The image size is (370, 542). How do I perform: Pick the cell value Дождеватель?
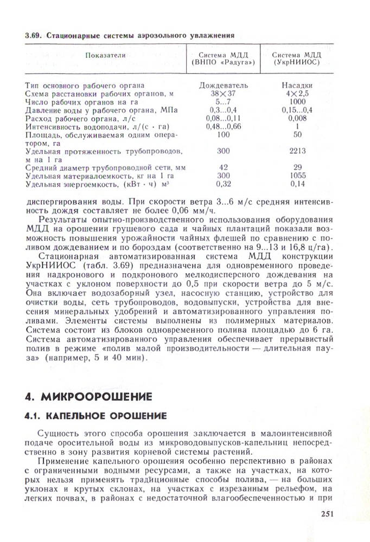pos(223,86)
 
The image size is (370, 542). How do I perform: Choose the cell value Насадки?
pos(297,86)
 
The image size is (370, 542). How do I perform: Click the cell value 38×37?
pos(223,94)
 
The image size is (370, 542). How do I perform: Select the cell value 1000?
pos(297,101)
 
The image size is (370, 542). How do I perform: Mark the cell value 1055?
pos(297,176)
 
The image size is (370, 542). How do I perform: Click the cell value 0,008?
pos(297,118)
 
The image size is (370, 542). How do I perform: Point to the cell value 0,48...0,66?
pos(223,126)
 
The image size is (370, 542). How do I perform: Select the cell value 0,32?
pos(223,184)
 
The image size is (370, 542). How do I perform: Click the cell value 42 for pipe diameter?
pos(223,167)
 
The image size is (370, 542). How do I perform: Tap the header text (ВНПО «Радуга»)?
pos(223,63)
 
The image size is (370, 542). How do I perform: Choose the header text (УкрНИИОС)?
pos(297,63)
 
